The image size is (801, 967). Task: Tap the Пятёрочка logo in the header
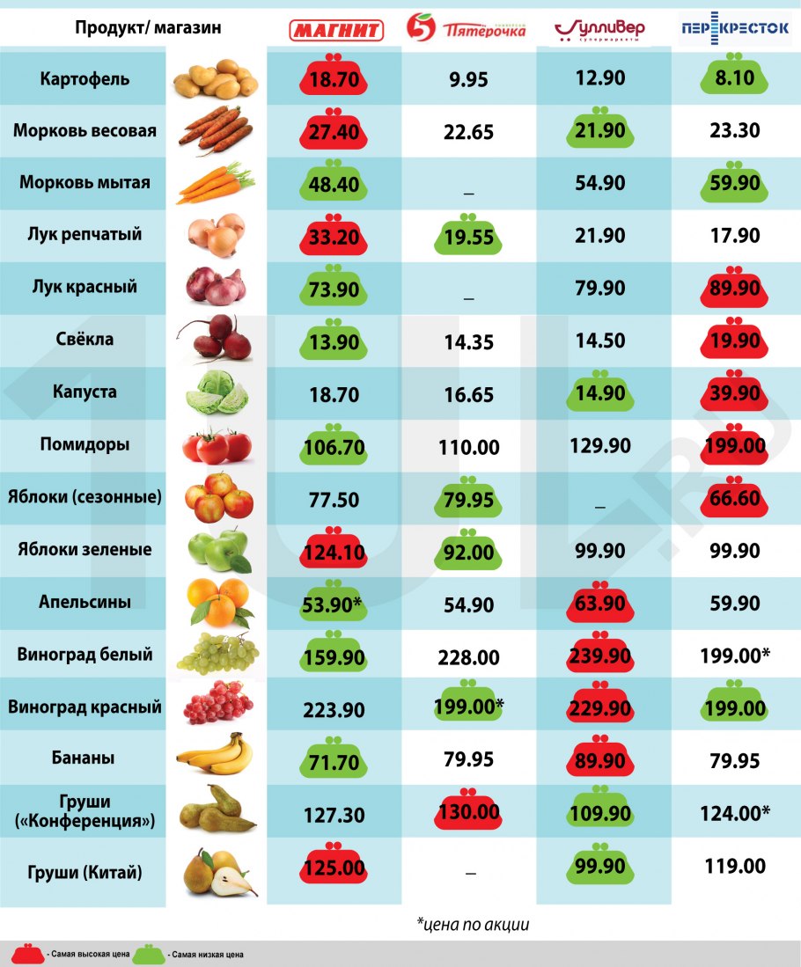coord(467,29)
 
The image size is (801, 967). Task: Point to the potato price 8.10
coord(734,79)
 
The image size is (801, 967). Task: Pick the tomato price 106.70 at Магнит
coord(334,447)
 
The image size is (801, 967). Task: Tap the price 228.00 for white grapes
coord(468,657)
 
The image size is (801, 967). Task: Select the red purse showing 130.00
coord(468,812)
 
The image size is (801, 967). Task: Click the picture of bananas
coord(216,755)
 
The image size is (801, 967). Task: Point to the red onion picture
coord(216,286)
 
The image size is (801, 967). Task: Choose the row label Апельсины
coord(85,603)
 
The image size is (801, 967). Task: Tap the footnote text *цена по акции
coord(473,924)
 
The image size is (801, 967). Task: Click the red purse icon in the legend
coord(28,953)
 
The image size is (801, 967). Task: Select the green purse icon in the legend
coord(150,953)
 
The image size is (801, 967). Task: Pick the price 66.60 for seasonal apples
coord(734,498)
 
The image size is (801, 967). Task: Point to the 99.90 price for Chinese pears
coord(600,868)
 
